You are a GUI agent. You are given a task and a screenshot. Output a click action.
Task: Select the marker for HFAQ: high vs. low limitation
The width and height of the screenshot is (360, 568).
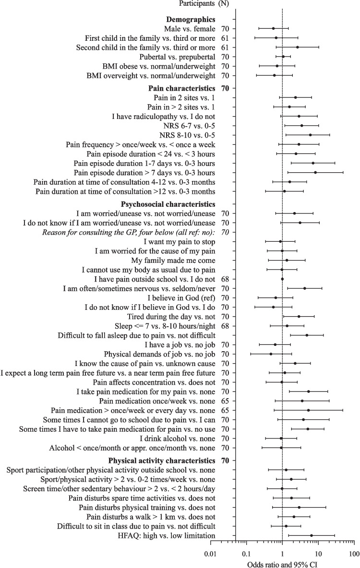pyautogui.click(x=312, y=535)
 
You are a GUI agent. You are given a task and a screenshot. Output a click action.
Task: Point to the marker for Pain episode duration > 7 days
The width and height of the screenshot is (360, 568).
pyautogui.click(x=315, y=172)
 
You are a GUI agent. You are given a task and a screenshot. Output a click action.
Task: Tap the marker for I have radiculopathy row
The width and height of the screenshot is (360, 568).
pyautogui.click(x=299, y=116)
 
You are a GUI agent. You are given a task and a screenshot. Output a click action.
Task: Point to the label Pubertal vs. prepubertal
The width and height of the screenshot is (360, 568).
pyautogui.click(x=176, y=57)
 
